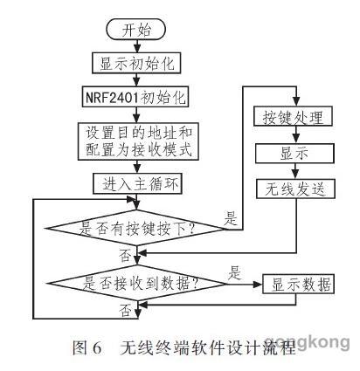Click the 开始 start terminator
(x=136, y=29)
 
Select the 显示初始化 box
(x=136, y=63)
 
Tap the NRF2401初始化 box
(x=135, y=96)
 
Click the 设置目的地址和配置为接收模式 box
(x=138, y=141)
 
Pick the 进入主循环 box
(x=137, y=183)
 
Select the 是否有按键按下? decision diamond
(x=136, y=229)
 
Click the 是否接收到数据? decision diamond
(x=137, y=284)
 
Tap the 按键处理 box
(x=294, y=116)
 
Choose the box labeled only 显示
(x=294, y=153)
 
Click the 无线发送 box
(x=295, y=189)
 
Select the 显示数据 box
(x=299, y=284)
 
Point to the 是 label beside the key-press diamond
(x=231, y=217)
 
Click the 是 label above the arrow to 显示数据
(x=234, y=272)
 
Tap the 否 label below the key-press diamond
(x=125, y=254)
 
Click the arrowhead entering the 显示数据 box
(x=258, y=284)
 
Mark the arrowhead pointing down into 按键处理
(x=296, y=101)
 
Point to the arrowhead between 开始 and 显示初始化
(x=137, y=47)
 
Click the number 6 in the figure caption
(x=97, y=347)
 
